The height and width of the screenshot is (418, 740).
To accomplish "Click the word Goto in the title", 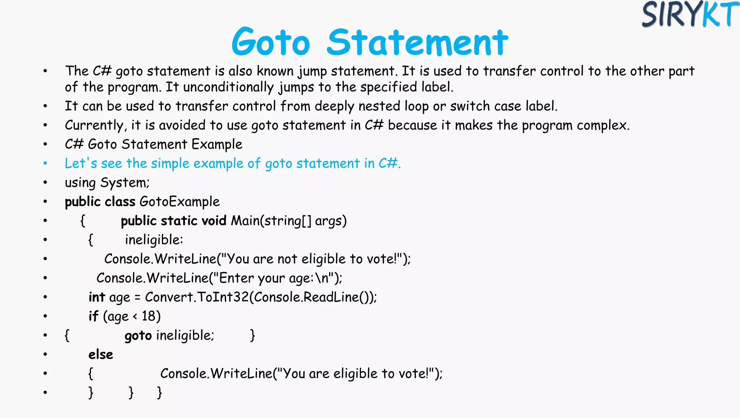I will click(271, 43).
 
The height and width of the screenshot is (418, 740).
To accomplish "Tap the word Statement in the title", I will click(417, 43).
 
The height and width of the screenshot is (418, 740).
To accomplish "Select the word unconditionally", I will click(228, 87).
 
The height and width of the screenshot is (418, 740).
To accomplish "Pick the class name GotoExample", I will click(180, 202).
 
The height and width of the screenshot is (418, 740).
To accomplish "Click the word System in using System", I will click(125, 183).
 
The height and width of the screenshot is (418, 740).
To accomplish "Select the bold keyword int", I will click(96, 297).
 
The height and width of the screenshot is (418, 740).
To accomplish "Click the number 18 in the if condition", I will click(149, 316).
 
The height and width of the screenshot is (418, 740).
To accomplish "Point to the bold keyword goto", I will click(138, 336).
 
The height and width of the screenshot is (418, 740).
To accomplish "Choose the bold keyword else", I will click(101, 355).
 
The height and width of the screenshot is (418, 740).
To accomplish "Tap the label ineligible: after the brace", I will click(154, 240).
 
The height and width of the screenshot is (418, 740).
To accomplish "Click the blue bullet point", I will click(45, 163).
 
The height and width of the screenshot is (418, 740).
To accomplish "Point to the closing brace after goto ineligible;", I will click(253, 336).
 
